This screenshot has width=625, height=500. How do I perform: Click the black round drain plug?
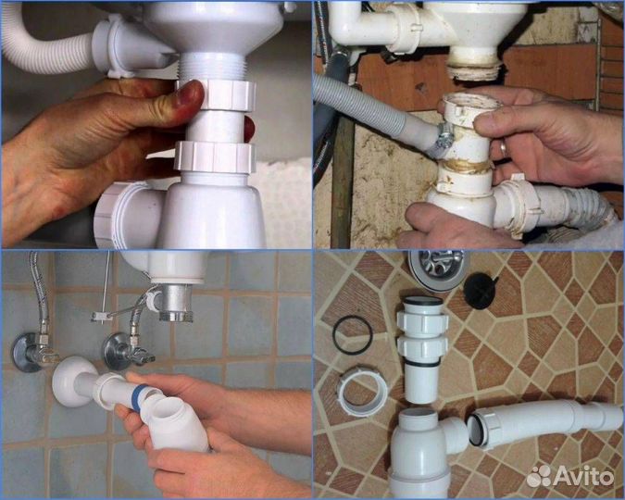[x=481, y=291]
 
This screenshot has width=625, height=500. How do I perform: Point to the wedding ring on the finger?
[x=504, y=149]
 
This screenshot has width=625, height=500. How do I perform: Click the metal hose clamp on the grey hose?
[x=444, y=138]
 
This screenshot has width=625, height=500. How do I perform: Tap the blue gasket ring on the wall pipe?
[x=139, y=394]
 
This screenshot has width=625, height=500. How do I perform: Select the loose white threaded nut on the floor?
[x=363, y=391]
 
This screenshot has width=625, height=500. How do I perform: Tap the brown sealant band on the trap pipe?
[x=466, y=167]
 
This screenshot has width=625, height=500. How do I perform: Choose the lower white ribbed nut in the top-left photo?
[x=215, y=157]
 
